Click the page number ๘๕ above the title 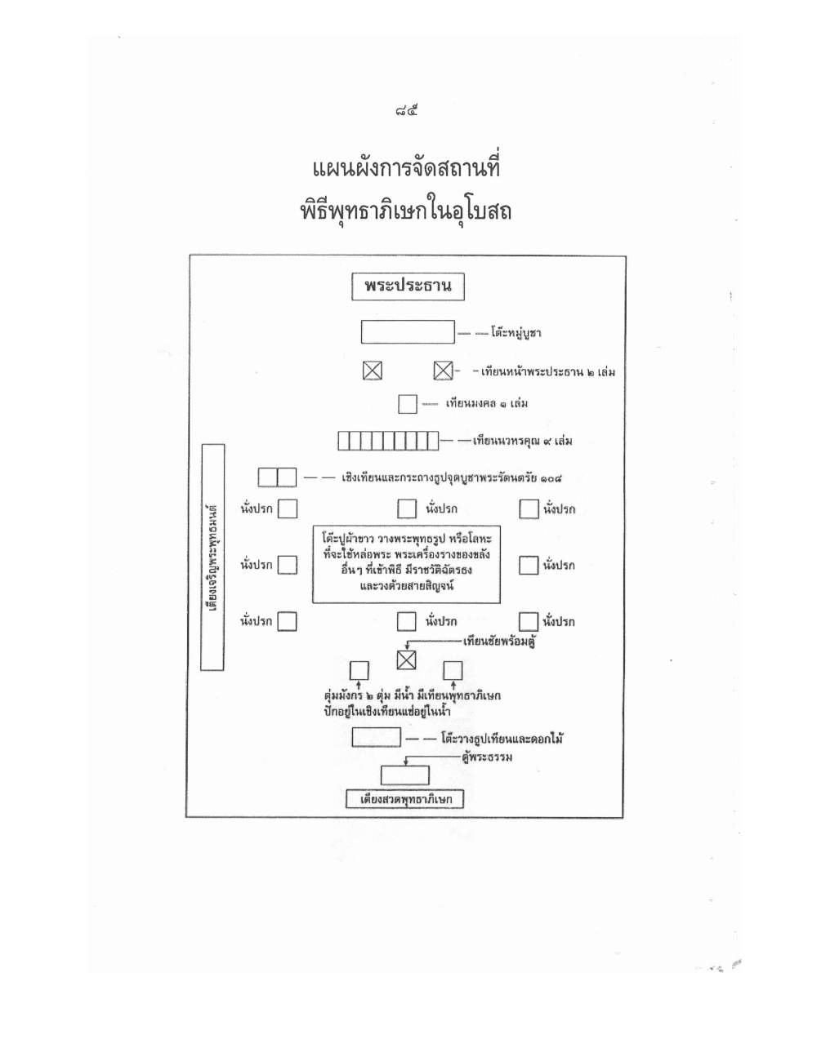point(407,112)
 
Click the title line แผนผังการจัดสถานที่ point(407,168)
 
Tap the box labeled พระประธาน point(408,287)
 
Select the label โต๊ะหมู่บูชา point(516,333)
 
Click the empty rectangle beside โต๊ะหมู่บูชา point(408,331)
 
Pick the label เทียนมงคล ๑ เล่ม point(487,404)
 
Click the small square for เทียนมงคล point(408,404)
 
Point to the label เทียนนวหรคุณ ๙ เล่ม point(522,442)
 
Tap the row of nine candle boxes point(388,441)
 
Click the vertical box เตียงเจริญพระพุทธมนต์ point(212,557)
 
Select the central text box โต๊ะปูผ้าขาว point(407,564)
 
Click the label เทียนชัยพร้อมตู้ point(499,642)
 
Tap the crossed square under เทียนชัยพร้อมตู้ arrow point(407,660)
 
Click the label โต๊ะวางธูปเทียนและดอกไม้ point(502,739)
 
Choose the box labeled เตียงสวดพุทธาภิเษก point(404,799)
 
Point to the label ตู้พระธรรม point(488,757)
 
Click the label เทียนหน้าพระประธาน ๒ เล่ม point(547,372)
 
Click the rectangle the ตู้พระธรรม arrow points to point(405,775)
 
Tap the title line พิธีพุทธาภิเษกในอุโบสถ point(406,211)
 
